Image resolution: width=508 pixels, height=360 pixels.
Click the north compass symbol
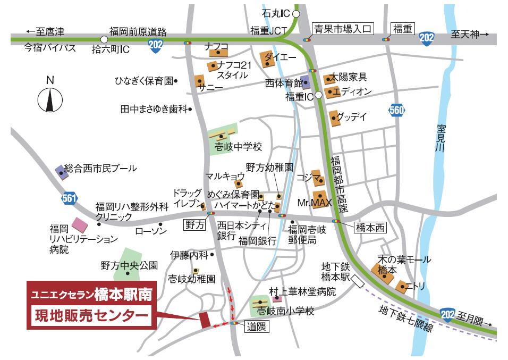50,99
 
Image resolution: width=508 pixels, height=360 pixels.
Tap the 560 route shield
396,110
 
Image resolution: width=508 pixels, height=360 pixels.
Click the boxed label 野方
194,225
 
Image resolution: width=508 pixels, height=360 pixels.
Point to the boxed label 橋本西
369,226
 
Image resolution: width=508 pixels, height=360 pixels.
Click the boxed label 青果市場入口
343,29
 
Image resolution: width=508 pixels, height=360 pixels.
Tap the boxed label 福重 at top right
402,29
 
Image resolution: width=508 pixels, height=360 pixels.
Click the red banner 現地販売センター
91,316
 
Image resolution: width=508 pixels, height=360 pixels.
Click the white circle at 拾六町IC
104,39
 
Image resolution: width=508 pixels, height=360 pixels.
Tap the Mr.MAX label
314,203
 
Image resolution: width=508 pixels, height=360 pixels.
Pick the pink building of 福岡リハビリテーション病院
80,224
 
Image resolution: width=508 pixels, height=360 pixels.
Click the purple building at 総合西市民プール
59,171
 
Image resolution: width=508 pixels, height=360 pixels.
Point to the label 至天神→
469,35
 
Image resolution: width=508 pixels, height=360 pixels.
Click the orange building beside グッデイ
334,119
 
